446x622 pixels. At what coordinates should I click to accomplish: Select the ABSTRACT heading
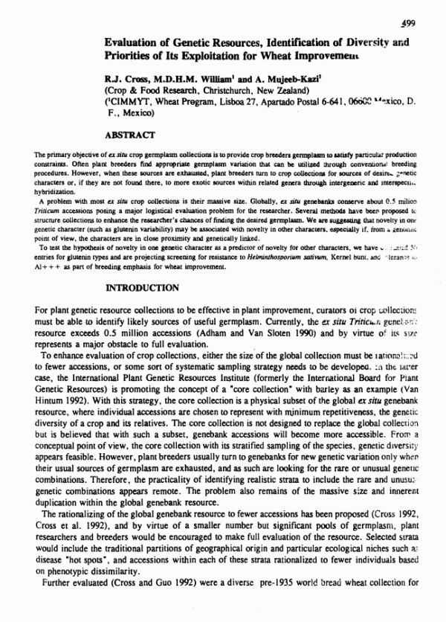130,135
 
